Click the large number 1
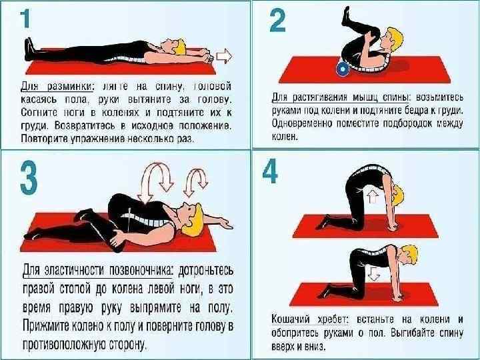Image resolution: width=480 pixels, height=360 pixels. [x=25, y=19]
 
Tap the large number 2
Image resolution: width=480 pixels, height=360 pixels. [x=277, y=21]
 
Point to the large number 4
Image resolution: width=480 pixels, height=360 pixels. [x=270, y=172]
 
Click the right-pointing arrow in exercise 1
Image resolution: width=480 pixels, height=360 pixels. [x=224, y=56]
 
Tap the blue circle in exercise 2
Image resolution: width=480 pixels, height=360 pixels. [x=343, y=69]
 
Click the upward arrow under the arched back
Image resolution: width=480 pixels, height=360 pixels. [x=372, y=196]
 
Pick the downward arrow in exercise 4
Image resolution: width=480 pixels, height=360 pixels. [x=373, y=273]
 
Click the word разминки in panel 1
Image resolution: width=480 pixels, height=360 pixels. [x=71, y=87]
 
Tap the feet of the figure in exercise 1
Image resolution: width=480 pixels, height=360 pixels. [x=30, y=49]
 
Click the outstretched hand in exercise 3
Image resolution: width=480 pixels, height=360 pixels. [x=226, y=223]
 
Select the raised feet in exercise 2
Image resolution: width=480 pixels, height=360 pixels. [x=347, y=16]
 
